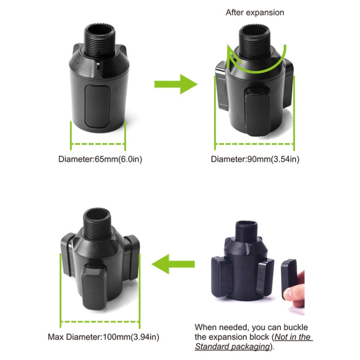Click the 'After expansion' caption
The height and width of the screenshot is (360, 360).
coord(255,12)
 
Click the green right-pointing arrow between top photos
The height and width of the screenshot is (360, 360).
coord(175,84)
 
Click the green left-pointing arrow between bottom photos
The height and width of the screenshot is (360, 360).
coord(173,264)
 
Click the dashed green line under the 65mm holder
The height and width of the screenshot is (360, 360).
coord(98,143)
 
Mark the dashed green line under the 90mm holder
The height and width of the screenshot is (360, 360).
coord(254,143)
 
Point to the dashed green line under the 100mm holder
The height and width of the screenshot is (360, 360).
coord(101,321)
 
